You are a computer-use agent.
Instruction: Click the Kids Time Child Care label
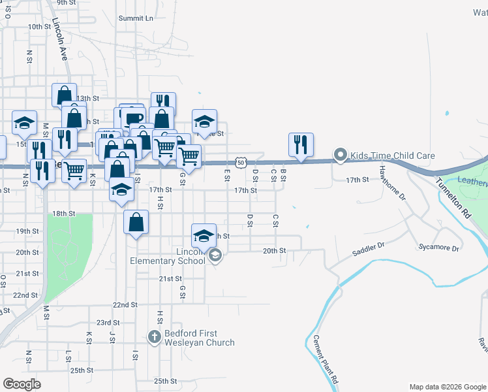tap(392, 156)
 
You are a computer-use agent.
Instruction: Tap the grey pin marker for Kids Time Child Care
tap(340, 155)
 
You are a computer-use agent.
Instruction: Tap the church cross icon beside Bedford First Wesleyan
tap(154, 337)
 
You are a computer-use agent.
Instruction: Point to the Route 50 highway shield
tap(241, 161)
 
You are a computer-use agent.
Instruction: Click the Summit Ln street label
tap(136, 18)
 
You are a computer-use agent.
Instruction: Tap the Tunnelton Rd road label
tap(453, 199)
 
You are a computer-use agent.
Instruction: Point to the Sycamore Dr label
tap(438, 248)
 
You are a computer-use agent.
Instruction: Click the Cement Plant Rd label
tap(324, 359)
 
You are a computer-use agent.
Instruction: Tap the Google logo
tap(22, 384)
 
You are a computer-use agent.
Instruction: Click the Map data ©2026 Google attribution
tap(448, 387)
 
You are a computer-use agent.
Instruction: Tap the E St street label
tap(226, 174)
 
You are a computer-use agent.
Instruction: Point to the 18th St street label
tap(64, 214)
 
